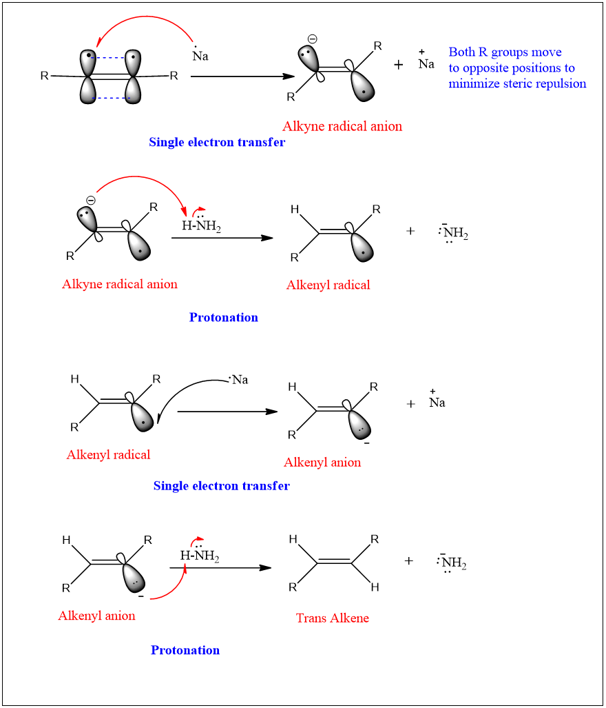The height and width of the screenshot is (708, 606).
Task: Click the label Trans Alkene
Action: [332, 618]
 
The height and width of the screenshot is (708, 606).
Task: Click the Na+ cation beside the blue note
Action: [426, 62]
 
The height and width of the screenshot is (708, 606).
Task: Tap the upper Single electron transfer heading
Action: [217, 143]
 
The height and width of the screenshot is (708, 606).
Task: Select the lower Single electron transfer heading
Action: [221, 486]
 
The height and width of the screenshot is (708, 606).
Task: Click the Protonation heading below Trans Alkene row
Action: [185, 650]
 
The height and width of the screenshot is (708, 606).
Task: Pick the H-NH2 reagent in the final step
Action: [200, 556]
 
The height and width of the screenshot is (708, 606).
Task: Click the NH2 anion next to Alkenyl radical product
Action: [453, 234]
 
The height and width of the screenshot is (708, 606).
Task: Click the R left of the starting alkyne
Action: [45, 76]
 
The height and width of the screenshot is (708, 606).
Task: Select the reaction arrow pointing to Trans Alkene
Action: [220, 568]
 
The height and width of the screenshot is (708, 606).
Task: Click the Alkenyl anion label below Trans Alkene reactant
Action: [96, 616]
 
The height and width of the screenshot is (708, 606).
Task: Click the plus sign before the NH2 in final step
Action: [409, 561]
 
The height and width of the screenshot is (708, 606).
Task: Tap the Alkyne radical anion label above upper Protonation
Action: [120, 284]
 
